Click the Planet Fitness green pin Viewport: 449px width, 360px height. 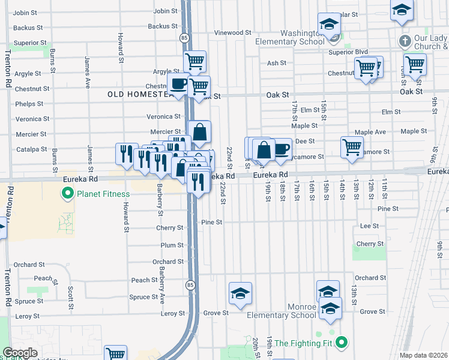(x=67, y=194)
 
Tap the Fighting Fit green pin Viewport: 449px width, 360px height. (x=342, y=343)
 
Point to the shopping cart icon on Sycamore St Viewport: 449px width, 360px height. (x=352, y=147)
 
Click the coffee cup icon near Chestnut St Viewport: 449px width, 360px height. (x=178, y=85)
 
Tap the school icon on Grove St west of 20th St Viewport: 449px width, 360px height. (x=240, y=293)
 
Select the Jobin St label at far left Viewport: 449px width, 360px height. (x=25, y=13)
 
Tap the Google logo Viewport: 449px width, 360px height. (x=20, y=353)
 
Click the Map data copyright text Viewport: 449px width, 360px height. (x=424, y=356)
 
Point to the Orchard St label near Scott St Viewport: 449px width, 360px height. (x=29, y=265)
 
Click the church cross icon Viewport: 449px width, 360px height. (x=405, y=41)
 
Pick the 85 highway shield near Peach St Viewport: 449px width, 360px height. (x=190, y=284)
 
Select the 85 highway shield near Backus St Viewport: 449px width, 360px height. (x=184, y=37)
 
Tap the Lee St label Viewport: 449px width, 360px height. (x=369, y=226)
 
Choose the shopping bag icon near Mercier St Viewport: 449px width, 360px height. (x=199, y=131)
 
